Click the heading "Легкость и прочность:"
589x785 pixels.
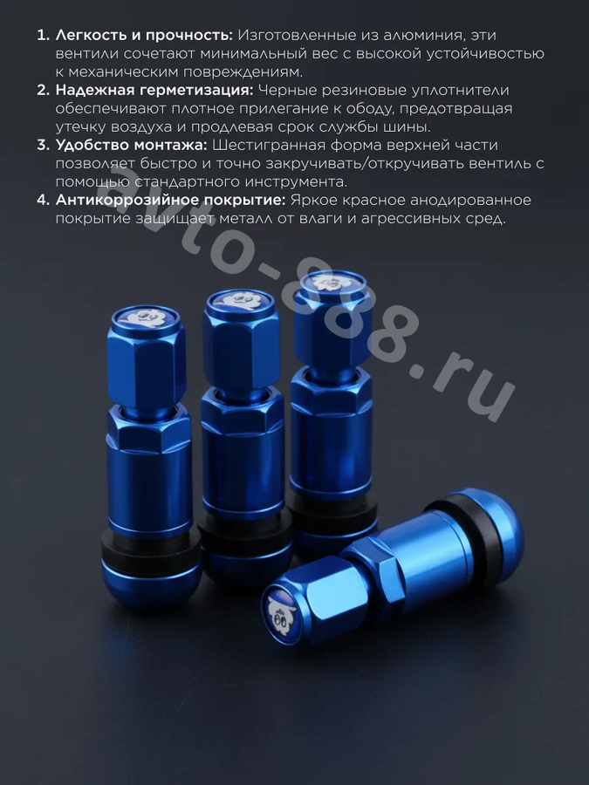(144, 36)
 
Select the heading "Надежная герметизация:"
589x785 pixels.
(154, 90)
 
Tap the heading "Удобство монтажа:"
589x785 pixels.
(131, 145)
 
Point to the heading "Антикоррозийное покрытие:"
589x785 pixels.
(171, 200)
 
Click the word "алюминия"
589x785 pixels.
(425, 36)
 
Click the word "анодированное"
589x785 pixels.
(470, 201)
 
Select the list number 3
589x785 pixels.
(44, 145)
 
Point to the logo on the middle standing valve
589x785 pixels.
(239, 300)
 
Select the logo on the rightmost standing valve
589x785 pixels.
(329, 282)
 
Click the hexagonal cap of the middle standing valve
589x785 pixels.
(240, 340)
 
